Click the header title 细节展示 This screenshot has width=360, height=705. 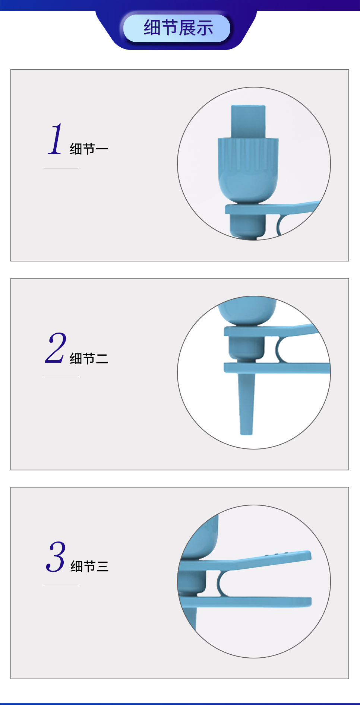coord(179,28)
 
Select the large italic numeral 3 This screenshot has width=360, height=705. coord(56,557)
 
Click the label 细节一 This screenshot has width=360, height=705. coord(89,149)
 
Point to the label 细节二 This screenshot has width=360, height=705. coord(89,358)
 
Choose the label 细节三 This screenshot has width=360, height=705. coord(89,566)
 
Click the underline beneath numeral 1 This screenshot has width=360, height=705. coord(61,168)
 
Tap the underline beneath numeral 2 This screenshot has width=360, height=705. coord(61,377)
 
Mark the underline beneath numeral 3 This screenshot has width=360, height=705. coord(61,586)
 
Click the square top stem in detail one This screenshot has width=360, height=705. coord(248,121)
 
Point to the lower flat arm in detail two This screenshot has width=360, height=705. coord(277,368)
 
